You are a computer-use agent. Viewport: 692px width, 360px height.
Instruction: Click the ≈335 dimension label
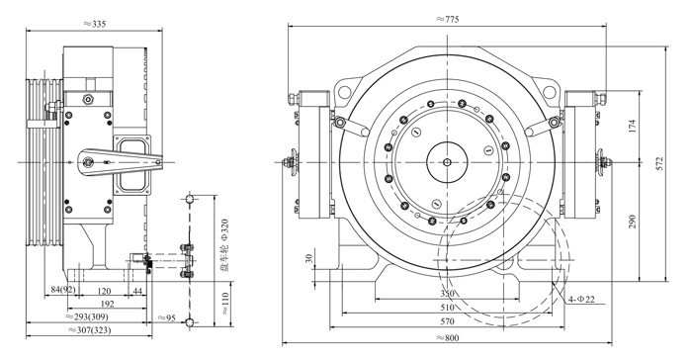pyautogui.click(x=95, y=24)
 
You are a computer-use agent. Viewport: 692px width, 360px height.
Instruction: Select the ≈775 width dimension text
pyautogui.click(x=448, y=19)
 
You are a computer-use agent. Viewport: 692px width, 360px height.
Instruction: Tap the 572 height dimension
pyautogui.click(x=659, y=164)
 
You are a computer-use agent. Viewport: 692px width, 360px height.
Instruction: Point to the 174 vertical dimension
pyautogui.click(x=632, y=126)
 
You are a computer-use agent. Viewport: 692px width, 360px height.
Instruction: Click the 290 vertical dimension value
pyautogui.click(x=632, y=222)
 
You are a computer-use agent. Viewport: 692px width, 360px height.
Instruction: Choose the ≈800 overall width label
pyautogui.click(x=448, y=338)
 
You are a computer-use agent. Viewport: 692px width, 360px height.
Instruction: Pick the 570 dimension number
pyautogui.click(x=447, y=321)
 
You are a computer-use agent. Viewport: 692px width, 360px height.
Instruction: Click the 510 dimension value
pyautogui.click(x=447, y=308)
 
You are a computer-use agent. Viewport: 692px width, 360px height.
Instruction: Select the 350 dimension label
pyautogui.click(x=447, y=294)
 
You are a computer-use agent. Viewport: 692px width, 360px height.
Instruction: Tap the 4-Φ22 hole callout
pyautogui.click(x=581, y=299)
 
